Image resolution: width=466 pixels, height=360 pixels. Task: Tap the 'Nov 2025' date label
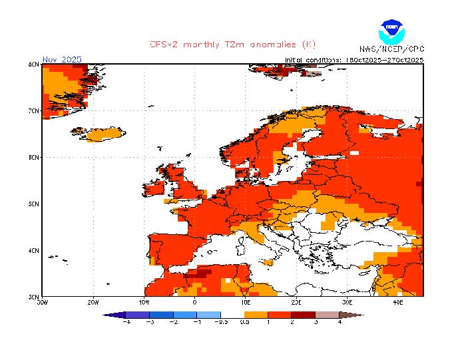(62, 59)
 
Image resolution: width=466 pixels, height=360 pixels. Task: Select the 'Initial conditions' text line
(353, 59)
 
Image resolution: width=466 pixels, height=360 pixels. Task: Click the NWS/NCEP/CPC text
(391, 49)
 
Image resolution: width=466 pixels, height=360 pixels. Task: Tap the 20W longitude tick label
(93, 301)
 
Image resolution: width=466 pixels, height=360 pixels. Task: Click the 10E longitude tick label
(245, 301)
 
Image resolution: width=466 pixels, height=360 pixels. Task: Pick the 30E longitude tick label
(347, 301)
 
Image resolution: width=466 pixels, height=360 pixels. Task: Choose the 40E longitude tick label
(397, 301)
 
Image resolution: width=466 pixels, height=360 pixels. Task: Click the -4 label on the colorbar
(126, 321)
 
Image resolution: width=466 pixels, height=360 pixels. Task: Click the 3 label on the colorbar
(316, 321)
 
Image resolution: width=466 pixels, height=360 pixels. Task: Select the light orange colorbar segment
(256, 314)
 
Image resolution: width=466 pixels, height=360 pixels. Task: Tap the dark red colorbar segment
(304, 314)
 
